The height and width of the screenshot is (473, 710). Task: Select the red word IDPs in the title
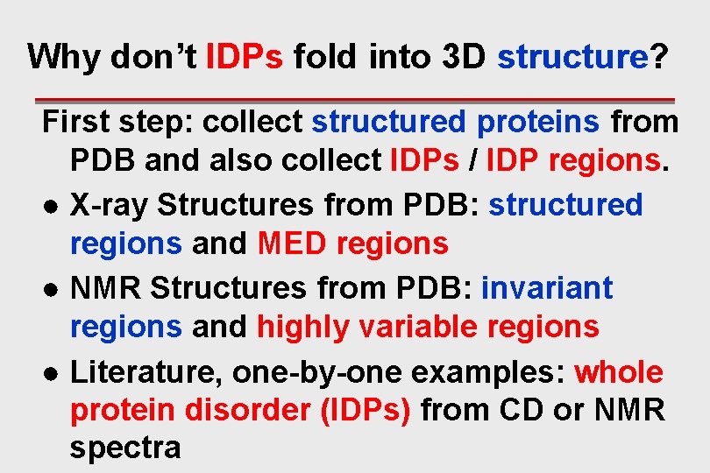(x=244, y=58)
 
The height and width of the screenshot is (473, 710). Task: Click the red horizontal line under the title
(x=354, y=100)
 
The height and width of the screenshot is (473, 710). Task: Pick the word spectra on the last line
(x=124, y=448)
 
